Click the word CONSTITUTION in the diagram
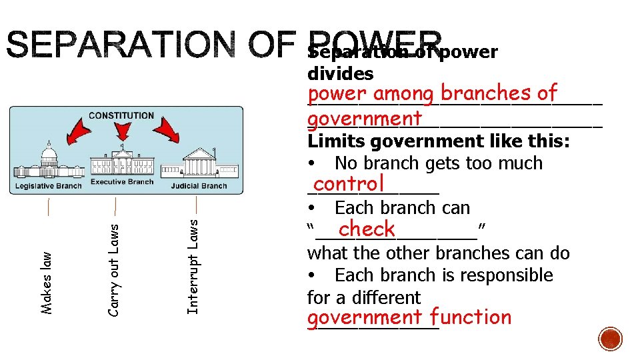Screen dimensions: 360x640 121,115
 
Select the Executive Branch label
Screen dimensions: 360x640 121,181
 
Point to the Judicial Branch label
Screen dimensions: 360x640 199,186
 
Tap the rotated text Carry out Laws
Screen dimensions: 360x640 113,270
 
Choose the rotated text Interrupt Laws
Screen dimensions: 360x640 193,267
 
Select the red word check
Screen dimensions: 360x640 367,229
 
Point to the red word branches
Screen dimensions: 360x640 489,93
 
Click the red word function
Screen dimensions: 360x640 471,317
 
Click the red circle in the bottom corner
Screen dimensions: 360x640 610,338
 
